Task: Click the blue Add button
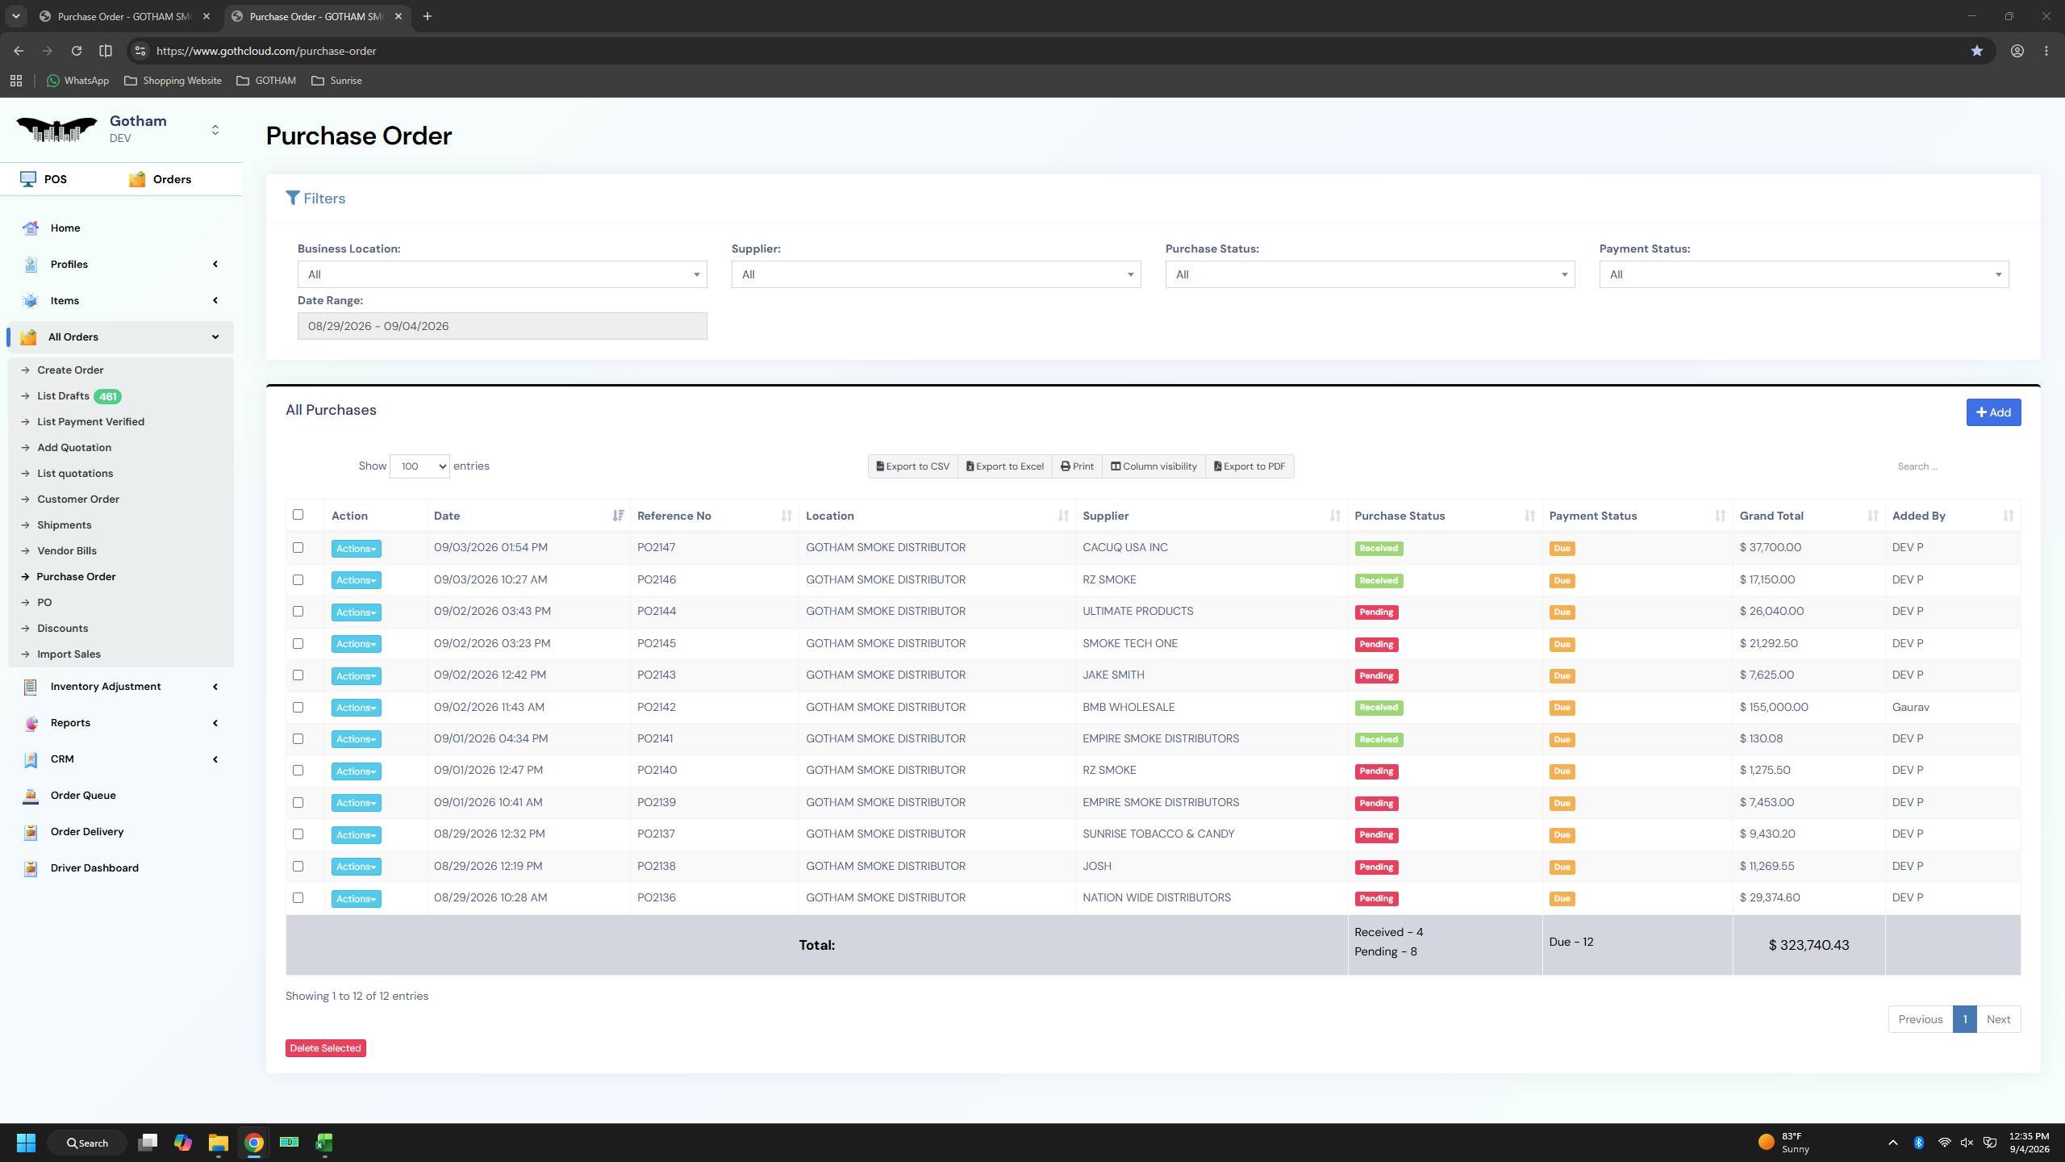click(1993, 412)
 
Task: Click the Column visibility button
click(1153, 466)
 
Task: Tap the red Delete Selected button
click(325, 1048)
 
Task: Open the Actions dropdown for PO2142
click(356, 708)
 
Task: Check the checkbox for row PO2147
click(298, 548)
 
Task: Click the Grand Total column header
click(1771, 516)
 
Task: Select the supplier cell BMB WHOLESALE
click(1128, 707)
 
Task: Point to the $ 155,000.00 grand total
click(1774, 707)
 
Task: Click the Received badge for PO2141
click(1379, 739)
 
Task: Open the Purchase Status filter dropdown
click(1370, 274)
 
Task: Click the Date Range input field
click(502, 326)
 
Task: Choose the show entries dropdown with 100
click(419, 466)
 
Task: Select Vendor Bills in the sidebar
click(67, 551)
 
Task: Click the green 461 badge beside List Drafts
click(108, 396)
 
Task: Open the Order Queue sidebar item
click(83, 796)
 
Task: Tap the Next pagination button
click(1998, 1019)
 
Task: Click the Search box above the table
click(1952, 466)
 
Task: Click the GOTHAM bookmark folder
click(266, 81)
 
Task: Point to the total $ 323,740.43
click(1808, 945)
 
